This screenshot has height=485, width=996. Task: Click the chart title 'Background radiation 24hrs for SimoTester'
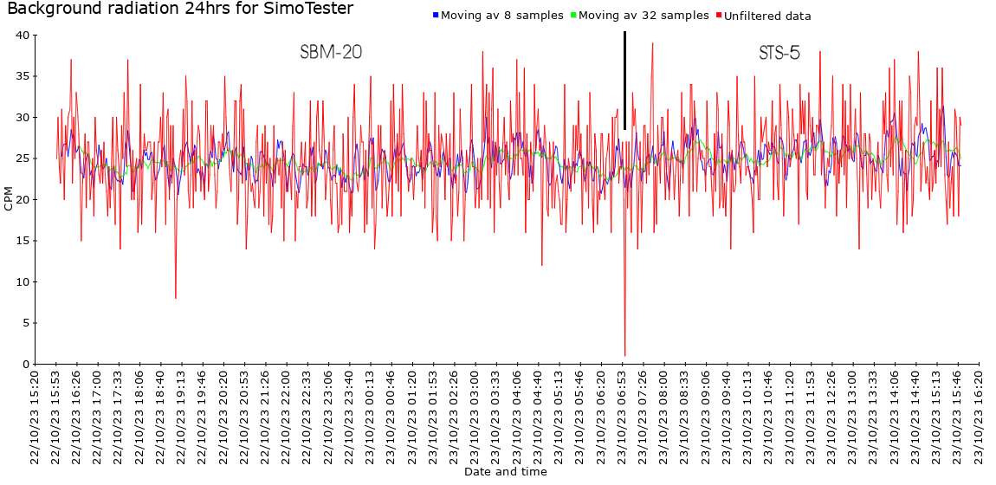point(180,10)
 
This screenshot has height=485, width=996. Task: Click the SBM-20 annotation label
point(331,53)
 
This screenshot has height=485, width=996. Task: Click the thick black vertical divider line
point(624,81)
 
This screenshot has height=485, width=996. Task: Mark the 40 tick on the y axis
point(23,36)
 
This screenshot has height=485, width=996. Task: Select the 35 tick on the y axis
point(23,76)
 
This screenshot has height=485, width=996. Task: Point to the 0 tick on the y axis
point(26,365)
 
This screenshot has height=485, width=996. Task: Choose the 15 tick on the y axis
point(23,241)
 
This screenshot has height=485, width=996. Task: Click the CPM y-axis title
point(9,198)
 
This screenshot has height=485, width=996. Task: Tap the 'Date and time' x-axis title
point(505,472)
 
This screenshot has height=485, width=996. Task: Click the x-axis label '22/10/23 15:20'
point(36,417)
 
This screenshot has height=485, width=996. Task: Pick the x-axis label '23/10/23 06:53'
point(622,417)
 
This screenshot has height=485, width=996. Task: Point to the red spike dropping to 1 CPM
point(624,354)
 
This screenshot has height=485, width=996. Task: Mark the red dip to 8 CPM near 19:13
point(176,297)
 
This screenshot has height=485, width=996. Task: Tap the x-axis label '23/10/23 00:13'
point(370,417)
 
